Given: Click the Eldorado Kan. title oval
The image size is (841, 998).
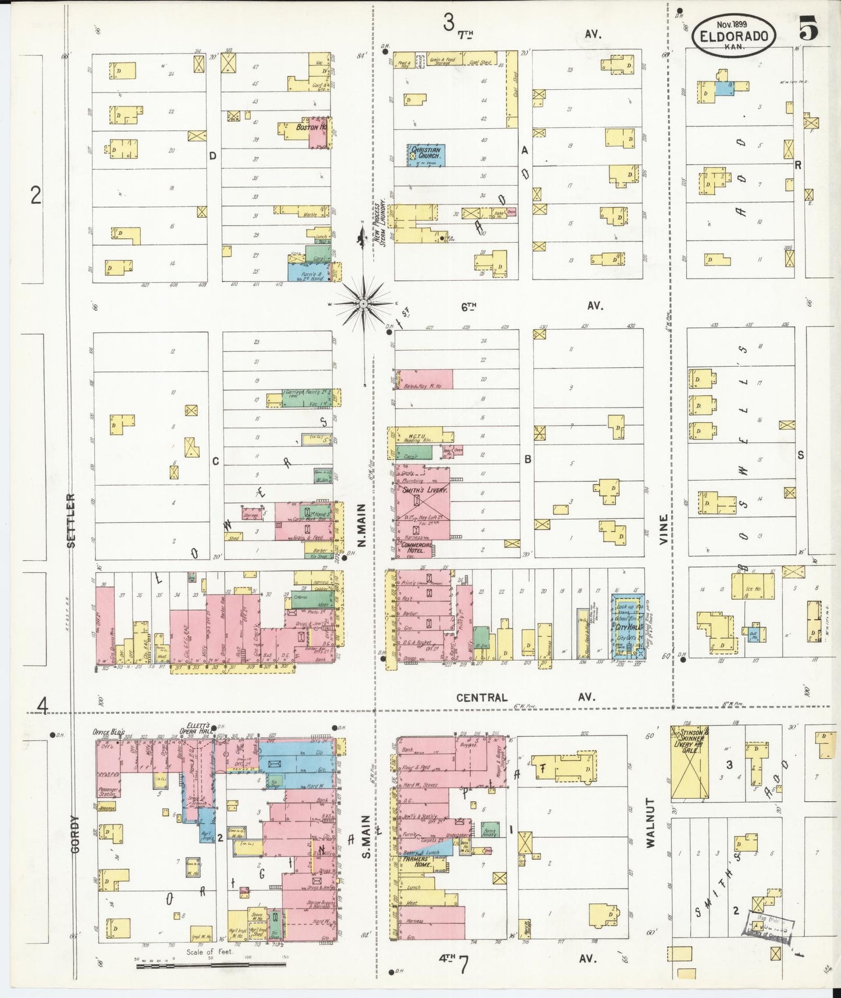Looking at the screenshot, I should click(734, 35).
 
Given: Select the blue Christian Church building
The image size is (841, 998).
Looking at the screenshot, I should click(426, 154).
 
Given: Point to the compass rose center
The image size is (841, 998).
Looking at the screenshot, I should click(363, 303).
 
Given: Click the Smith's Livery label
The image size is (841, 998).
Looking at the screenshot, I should click(425, 491).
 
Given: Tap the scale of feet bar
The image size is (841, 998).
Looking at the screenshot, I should click(211, 965).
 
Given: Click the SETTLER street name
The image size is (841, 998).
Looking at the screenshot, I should click(72, 521).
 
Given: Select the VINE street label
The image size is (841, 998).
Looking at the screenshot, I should click(664, 529).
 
